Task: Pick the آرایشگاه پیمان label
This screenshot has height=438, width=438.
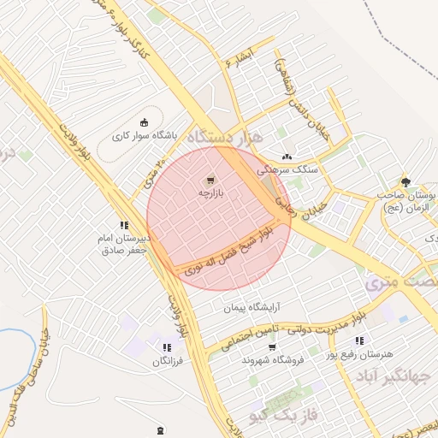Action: click(x=252, y=306)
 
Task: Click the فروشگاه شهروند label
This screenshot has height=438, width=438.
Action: click(x=274, y=360)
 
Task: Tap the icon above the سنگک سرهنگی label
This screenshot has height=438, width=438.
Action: click(x=286, y=157)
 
